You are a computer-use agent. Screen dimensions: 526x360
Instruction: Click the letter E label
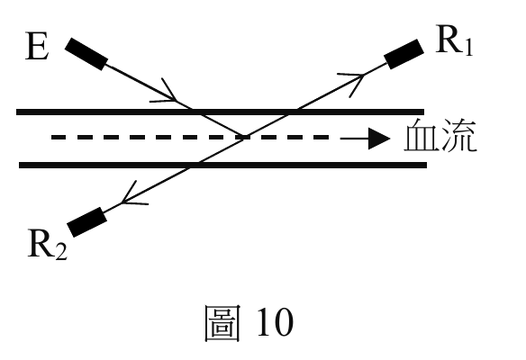37,46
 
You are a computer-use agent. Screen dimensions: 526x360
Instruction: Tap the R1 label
454,40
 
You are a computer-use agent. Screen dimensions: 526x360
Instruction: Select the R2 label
48,244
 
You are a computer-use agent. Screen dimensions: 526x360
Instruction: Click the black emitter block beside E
86,54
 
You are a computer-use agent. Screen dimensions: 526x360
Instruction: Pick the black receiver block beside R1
404,54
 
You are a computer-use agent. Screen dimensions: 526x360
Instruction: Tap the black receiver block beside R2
87,222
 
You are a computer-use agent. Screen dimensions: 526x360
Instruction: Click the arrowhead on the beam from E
168,94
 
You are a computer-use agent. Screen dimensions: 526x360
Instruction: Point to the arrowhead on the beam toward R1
354,83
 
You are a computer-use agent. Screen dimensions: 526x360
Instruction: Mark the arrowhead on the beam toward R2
131,195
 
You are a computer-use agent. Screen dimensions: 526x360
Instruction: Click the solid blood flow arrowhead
379,138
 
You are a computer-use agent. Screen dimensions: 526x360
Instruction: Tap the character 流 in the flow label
458,135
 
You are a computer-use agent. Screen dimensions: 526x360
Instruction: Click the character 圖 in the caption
222,323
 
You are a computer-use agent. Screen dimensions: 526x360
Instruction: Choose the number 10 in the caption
276,322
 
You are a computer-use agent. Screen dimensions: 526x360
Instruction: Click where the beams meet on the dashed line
245,137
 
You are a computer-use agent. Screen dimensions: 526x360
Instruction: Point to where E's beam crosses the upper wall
196,112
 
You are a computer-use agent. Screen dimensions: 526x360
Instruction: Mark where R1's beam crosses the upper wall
293,112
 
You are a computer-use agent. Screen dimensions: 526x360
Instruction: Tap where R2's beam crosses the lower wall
194,165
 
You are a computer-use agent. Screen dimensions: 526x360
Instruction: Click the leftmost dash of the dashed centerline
58,137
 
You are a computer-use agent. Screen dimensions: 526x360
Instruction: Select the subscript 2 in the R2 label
62,252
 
